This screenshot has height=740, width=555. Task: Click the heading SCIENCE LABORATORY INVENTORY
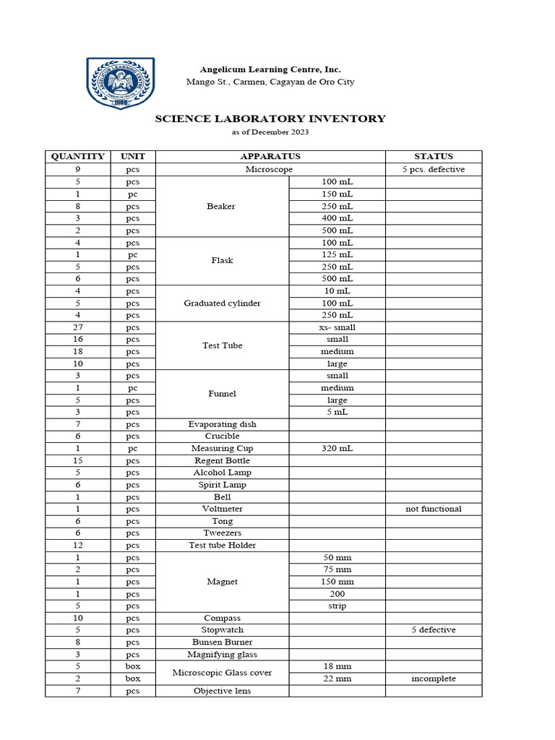point(270,119)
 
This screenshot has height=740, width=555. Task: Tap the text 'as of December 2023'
point(270,132)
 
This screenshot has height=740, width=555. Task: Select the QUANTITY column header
point(77,156)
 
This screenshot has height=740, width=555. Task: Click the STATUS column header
point(433,156)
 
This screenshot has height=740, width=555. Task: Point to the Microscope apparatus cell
point(270,169)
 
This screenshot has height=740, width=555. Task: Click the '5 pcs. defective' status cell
point(433,169)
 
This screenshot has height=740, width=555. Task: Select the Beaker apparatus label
point(221,206)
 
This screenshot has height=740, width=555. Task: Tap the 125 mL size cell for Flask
point(337,254)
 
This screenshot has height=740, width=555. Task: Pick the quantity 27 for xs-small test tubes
point(77,327)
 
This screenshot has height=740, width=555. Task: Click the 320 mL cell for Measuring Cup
point(337,448)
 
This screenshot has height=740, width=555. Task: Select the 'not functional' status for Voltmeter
point(433,509)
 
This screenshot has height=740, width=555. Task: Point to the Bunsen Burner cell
point(221,642)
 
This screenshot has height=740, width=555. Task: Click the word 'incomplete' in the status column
point(433,679)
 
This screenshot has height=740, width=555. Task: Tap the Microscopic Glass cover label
point(221,673)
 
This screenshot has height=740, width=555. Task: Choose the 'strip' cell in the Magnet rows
point(337,606)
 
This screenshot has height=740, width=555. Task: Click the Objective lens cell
point(221,691)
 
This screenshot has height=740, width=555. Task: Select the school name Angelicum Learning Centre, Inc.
point(270,69)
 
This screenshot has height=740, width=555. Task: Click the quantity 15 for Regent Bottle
point(77,460)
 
